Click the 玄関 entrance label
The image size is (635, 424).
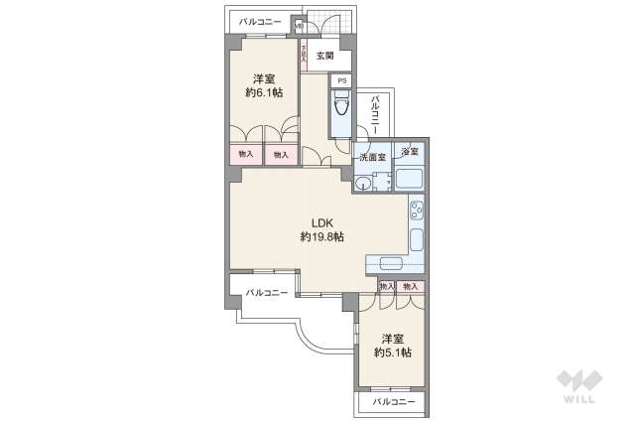(324, 56)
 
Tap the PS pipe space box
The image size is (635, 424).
(341, 80)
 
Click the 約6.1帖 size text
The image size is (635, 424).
(263, 92)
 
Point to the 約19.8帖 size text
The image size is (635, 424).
(322, 237)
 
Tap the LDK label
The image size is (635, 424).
(322, 222)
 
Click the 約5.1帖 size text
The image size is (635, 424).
(393, 352)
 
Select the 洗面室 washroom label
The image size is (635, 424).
(371, 157)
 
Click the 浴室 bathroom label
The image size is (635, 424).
(409, 151)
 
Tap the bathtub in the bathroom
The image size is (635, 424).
(409, 179)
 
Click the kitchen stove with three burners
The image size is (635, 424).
(417, 212)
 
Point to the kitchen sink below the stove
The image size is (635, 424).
(417, 240)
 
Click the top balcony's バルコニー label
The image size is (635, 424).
(260, 22)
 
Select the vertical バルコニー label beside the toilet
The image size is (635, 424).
(375, 115)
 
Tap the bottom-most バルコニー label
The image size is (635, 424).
(394, 402)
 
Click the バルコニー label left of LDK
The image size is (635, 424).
(267, 292)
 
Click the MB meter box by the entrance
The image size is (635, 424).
(298, 27)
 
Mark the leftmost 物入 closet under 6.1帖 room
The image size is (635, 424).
(246, 154)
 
